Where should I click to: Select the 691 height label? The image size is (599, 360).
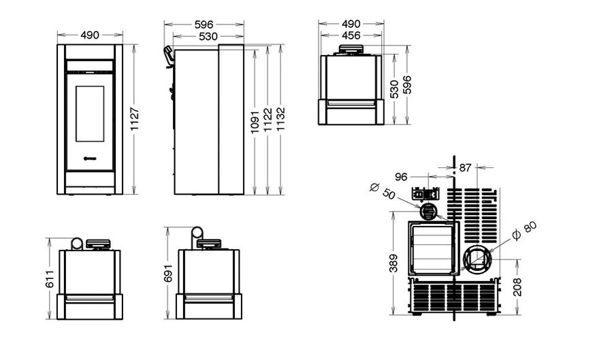(x=169, y=273)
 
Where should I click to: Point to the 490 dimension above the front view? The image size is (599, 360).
(x=89, y=35)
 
